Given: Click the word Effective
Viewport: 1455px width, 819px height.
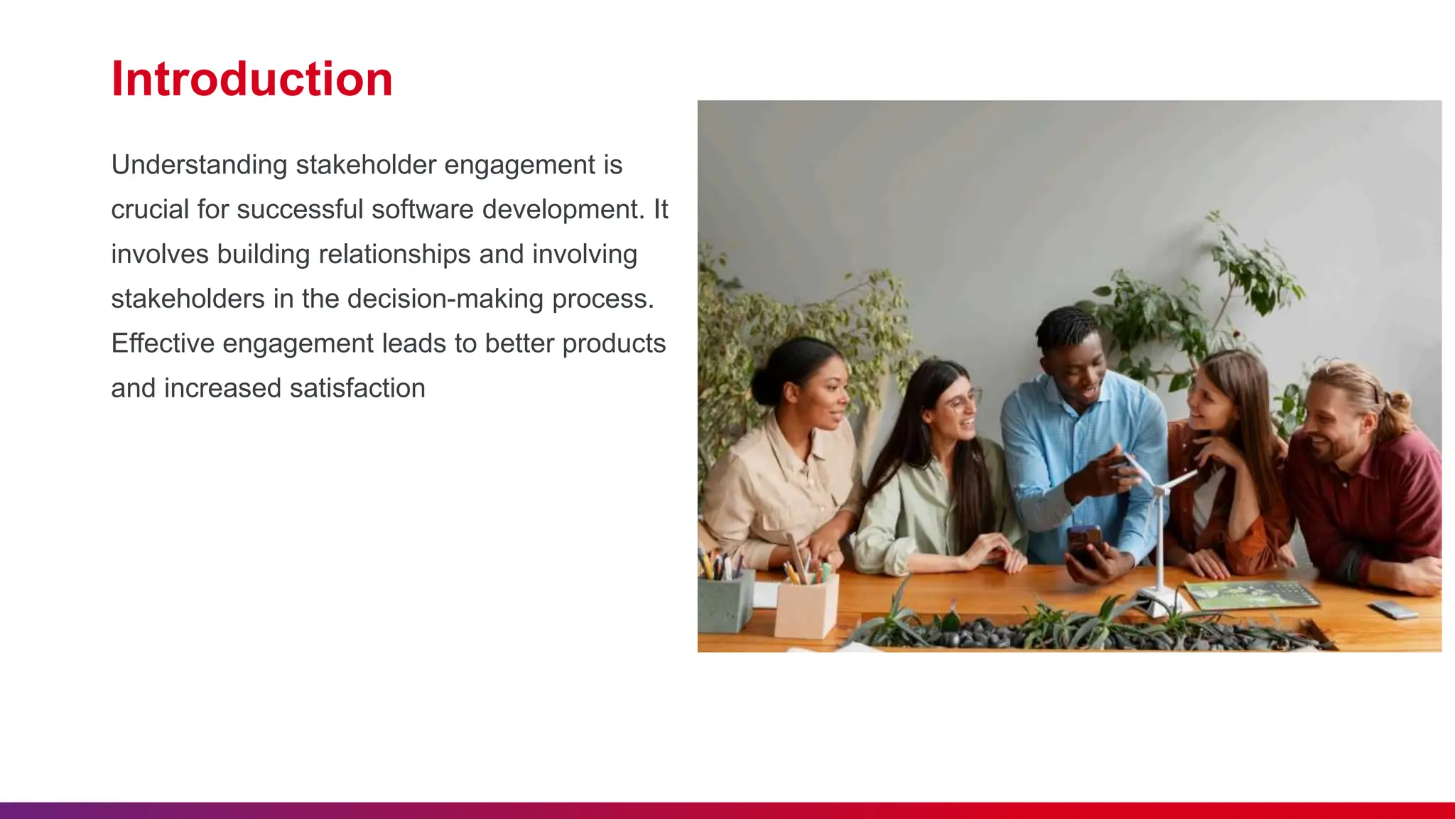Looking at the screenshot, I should point(163,343).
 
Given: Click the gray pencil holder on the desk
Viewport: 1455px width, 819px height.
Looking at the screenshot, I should point(725,601).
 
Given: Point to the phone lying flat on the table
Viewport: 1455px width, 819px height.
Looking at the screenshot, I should point(1393,609).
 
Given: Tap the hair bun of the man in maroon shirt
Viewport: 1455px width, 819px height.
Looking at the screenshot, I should point(1398,404).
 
